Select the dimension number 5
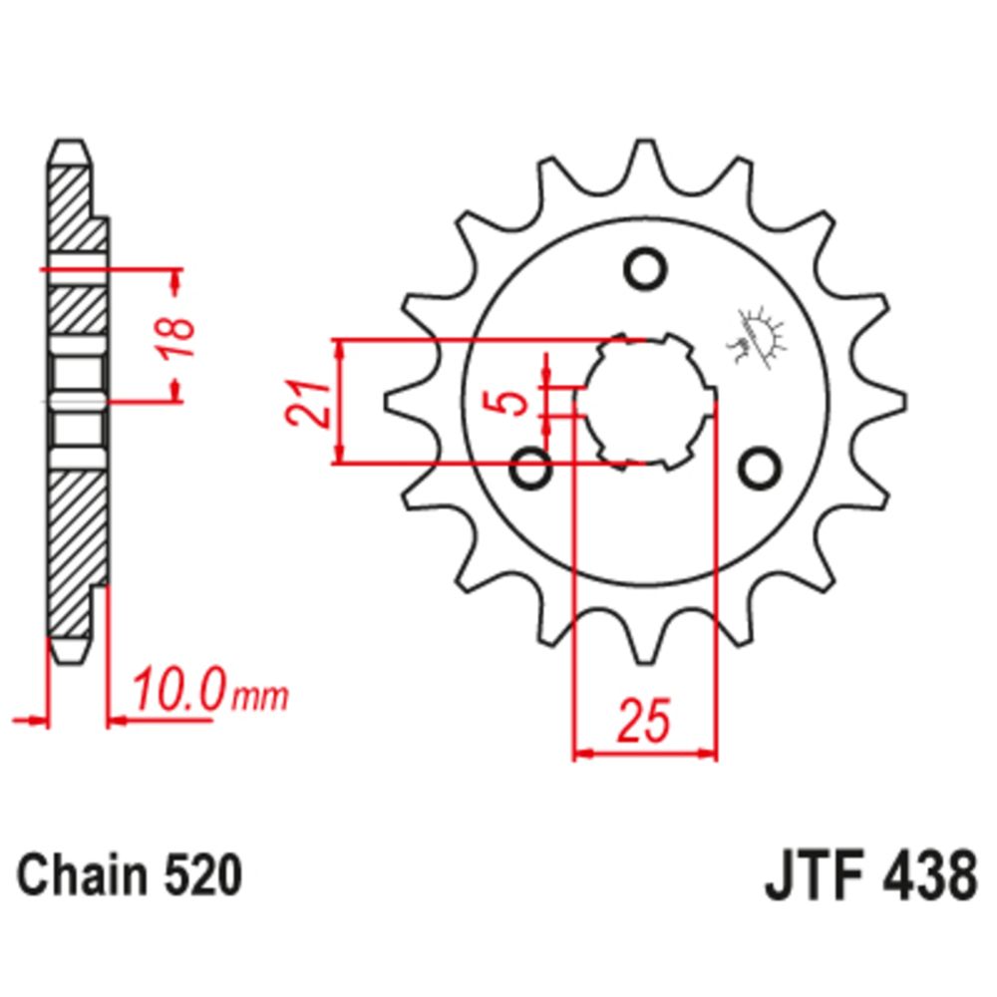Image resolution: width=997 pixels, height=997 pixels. (x=512, y=403)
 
